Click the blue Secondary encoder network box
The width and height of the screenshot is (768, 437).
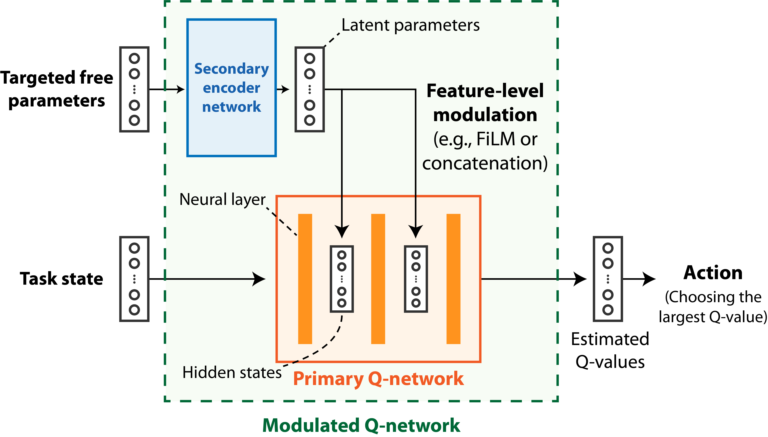pyautogui.click(x=231, y=88)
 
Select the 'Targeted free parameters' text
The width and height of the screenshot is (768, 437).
pyautogui.click(x=57, y=89)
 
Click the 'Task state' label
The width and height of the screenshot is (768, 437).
pyautogui.click(x=61, y=279)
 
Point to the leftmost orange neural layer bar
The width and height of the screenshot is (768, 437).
pyautogui.click(x=305, y=279)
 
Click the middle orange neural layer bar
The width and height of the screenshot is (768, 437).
pyautogui.click(x=378, y=279)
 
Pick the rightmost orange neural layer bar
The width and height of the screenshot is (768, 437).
pyautogui.click(x=453, y=279)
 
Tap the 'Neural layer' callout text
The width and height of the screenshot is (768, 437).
pyautogui.click(x=222, y=199)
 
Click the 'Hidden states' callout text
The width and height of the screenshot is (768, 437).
pyautogui.click(x=232, y=372)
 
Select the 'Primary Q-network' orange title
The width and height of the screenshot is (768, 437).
pyautogui.click(x=378, y=379)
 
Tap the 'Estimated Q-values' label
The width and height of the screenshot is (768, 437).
pyautogui.click(x=610, y=350)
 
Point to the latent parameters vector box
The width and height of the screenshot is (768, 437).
pyautogui.click(x=310, y=89)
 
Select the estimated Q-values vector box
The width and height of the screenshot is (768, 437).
pyautogui.click(x=608, y=279)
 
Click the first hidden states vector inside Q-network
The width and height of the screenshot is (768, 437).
pyautogui.click(x=342, y=279)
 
